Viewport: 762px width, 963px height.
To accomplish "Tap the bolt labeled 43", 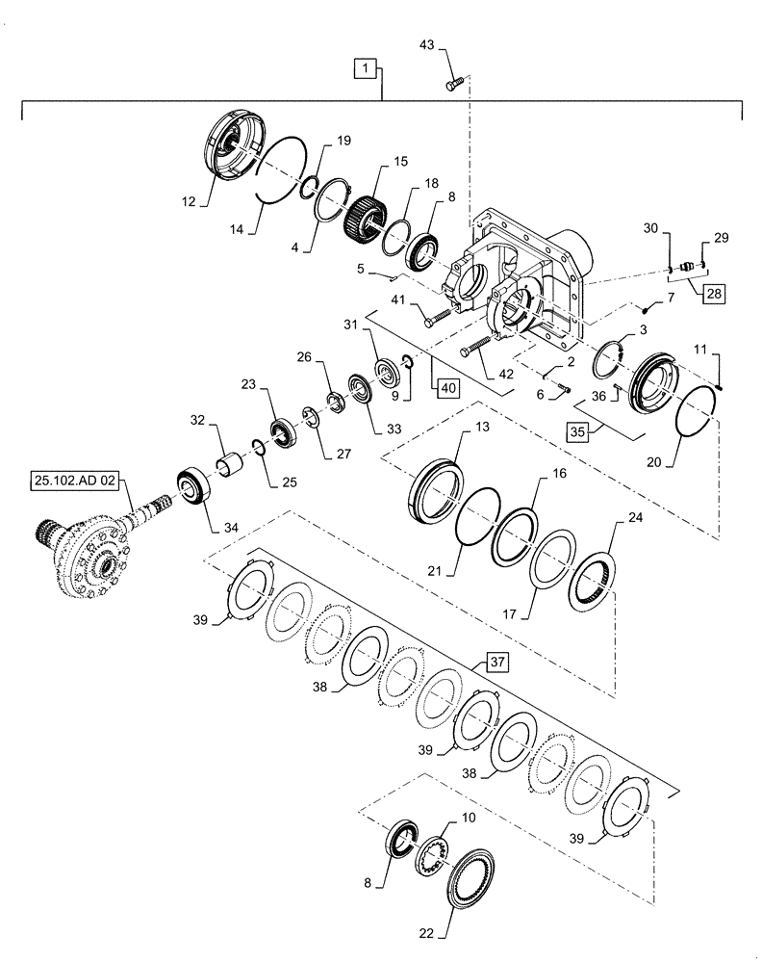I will point(454,85).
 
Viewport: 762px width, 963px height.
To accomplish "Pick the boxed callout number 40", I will point(446,387).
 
